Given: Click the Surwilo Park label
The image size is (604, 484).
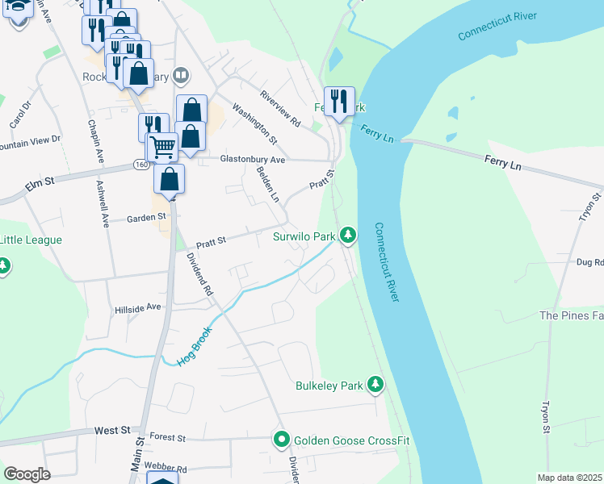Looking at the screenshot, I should pyautogui.click(x=303, y=237).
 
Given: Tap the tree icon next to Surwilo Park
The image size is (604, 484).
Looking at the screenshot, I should pyautogui.click(x=348, y=236).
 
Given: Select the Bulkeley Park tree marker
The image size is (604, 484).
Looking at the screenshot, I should pyautogui.click(x=375, y=386).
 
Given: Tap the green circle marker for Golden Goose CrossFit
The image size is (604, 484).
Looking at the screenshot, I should pyautogui.click(x=282, y=440).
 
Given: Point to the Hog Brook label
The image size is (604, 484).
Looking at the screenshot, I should pyautogui.click(x=195, y=345).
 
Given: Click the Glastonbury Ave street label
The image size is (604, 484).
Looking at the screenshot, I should pyautogui.click(x=253, y=160).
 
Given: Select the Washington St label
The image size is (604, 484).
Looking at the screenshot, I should pyautogui.click(x=254, y=123).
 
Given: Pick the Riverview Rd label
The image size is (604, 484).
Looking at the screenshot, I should pyautogui.click(x=279, y=109).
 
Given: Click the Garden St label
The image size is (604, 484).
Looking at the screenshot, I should pyautogui.click(x=146, y=217).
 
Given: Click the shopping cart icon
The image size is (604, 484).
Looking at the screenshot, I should pyautogui.click(x=162, y=148).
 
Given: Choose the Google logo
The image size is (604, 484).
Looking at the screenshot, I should pyautogui.click(x=27, y=474).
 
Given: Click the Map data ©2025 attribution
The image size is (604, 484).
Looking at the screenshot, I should pyautogui.click(x=569, y=478).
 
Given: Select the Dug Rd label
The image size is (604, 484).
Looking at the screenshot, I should pyautogui.click(x=589, y=262).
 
